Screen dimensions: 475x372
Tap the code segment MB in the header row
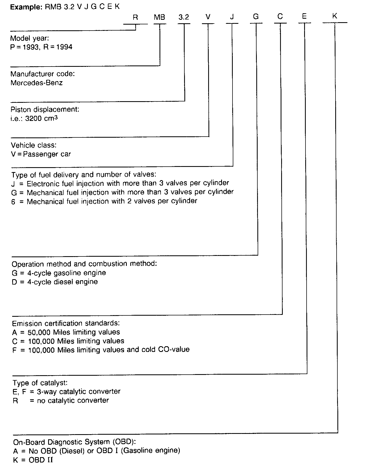pos(159,17)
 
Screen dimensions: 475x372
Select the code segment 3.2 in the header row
pos(184,17)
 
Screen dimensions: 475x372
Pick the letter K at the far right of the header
pos(335,16)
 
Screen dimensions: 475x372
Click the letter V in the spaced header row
pos(208,17)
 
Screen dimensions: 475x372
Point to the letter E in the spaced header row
pos(304,17)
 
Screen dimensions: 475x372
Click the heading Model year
pos(29,38)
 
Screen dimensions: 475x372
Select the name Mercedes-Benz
pos(36,83)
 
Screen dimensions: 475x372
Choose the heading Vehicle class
pos(34,145)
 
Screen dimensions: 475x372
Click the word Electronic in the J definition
pos(43,184)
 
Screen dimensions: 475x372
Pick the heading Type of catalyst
pos(40,383)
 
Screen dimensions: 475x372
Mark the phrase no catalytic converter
pos(73,400)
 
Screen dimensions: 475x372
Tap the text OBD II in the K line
pos(41,460)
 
